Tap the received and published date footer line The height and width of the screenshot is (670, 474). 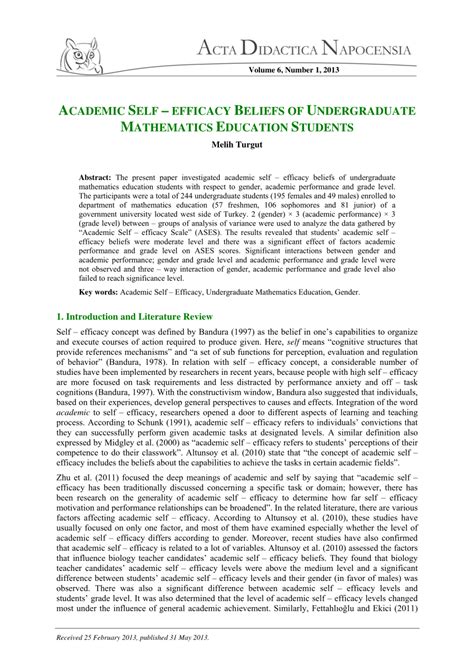click(155, 638)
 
